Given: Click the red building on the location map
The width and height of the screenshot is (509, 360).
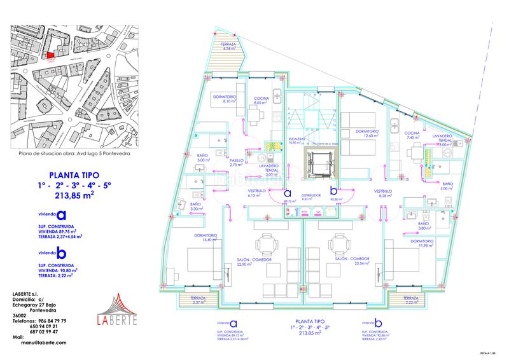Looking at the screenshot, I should point(51,55).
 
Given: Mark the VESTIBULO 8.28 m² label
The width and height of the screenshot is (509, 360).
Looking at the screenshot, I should point(384,193).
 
